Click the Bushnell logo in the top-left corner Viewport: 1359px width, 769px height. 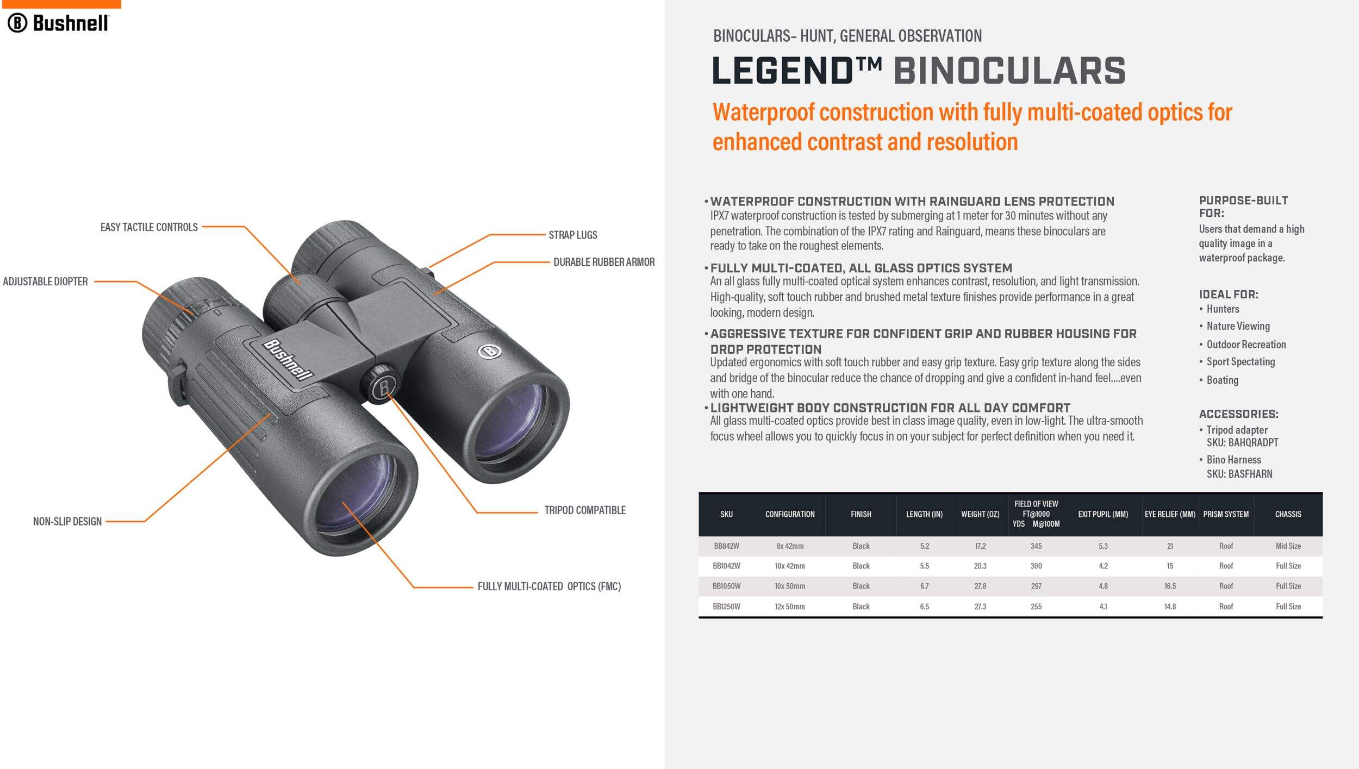tap(58, 23)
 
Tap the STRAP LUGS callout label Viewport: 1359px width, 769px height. tap(572, 235)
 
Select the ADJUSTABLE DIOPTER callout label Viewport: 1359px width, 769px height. tap(45, 282)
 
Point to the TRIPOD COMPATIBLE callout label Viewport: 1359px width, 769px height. tap(585, 510)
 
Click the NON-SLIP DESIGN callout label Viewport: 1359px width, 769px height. tap(67, 522)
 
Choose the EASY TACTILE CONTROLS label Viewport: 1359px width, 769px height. tap(149, 227)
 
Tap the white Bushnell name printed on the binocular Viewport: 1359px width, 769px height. tap(289, 360)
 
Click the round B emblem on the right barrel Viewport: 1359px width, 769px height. tap(489, 351)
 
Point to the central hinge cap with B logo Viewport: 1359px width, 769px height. tap(382, 385)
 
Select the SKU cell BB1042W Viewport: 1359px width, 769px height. tap(726, 566)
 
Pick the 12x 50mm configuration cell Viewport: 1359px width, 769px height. tap(790, 607)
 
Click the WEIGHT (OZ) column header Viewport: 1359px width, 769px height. tap(980, 514)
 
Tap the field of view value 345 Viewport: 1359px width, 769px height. tap(1036, 546)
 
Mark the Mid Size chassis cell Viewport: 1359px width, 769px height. tap(1288, 546)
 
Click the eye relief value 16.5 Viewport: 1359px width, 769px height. tap(1170, 586)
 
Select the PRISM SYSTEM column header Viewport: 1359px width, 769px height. tap(1226, 514)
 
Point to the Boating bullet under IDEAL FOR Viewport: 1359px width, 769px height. tap(1222, 380)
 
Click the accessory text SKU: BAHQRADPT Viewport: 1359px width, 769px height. tap(1243, 443)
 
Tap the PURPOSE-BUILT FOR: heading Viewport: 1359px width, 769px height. tap(1243, 207)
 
